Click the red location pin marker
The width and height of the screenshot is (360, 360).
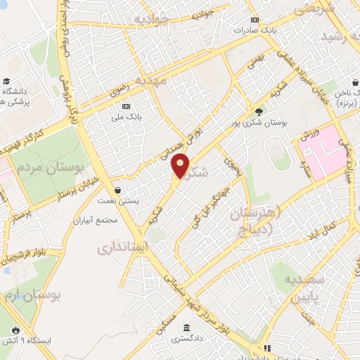pos(181,165)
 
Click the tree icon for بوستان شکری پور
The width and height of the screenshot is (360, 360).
pos(259,111)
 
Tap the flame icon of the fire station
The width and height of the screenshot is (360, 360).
pos(15,330)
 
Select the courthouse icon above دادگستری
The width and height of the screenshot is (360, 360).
pos(186,328)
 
